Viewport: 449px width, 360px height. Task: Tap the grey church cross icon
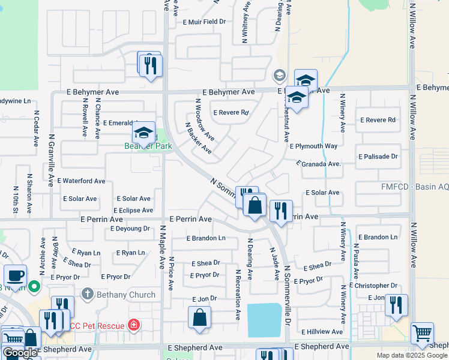tap(87, 294)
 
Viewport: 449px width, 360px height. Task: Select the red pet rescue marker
tap(133, 326)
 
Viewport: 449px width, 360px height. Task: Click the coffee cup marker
tap(15, 276)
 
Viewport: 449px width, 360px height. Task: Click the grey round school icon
tap(279, 76)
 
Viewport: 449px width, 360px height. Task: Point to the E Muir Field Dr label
tap(204, 22)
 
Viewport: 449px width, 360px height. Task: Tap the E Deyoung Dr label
tap(130, 229)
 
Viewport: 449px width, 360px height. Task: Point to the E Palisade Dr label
tap(378, 157)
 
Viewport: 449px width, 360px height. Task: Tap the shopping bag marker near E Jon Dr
tap(199, 317)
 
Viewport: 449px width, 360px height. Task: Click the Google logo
tap(20, 353)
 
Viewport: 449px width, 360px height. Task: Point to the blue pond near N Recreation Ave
tap(264, 320)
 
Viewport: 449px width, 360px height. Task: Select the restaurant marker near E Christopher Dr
tap(396, 305)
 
